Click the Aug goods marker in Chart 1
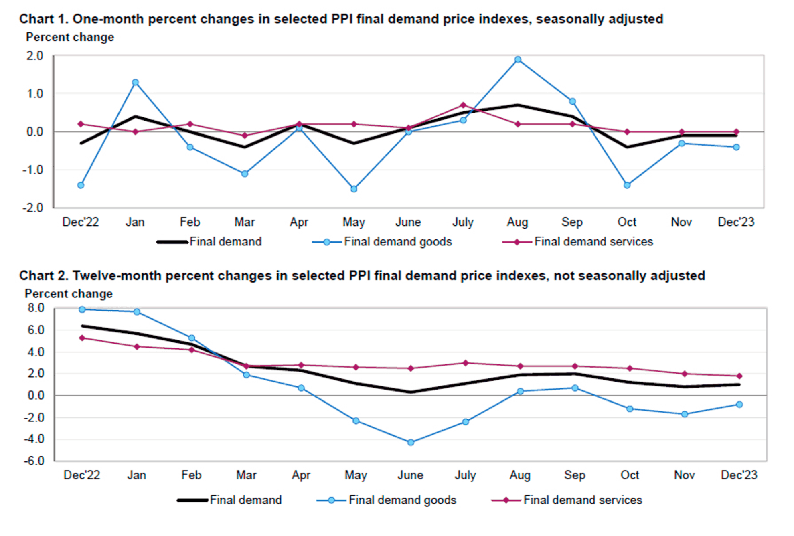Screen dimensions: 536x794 518,59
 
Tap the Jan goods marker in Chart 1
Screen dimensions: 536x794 136,82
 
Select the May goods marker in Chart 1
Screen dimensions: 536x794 354,189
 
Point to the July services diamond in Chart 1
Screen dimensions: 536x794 463,105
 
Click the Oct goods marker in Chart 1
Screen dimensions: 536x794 627,185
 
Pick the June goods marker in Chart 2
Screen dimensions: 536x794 411,443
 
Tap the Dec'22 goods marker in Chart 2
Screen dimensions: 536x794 82,309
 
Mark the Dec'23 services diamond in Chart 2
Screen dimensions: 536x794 739,376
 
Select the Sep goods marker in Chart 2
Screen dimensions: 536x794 575,388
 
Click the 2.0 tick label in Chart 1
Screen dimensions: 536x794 35,56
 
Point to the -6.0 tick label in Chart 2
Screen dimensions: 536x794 34,461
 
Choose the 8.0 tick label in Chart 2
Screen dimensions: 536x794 36,308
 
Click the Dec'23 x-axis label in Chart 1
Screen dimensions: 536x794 736,222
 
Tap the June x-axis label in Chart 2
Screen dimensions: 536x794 410,475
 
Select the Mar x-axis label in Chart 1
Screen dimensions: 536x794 245,222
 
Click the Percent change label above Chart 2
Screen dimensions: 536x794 69,294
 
